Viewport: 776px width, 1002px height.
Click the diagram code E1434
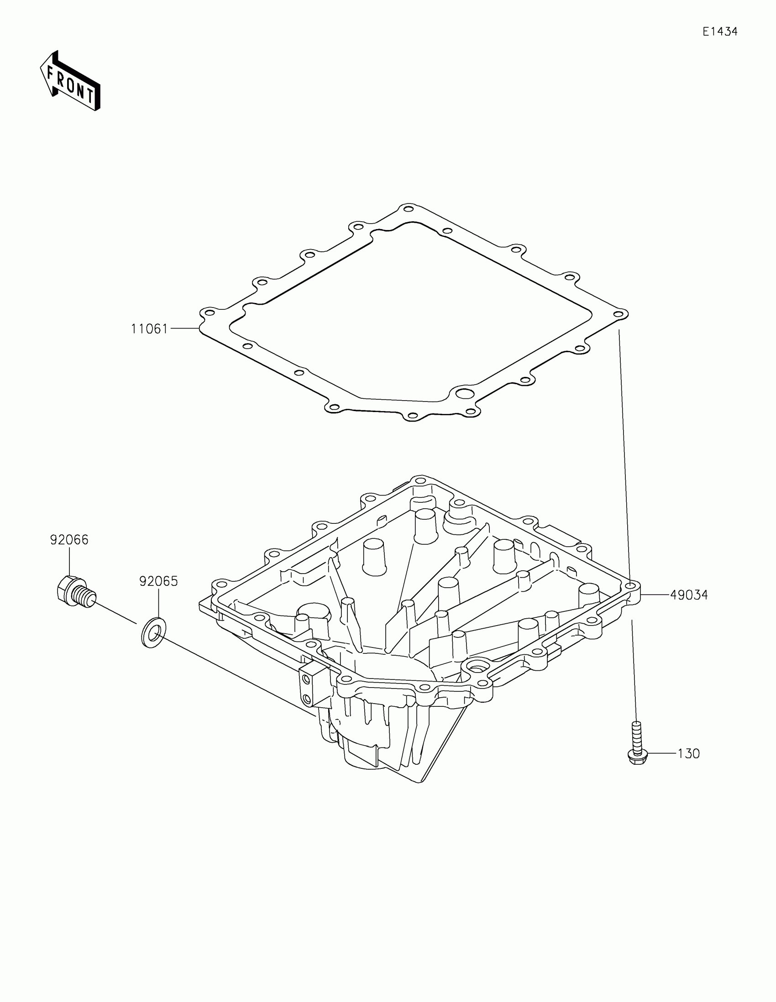tap(719, 31)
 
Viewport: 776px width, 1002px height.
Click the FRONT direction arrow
tap(70, 82)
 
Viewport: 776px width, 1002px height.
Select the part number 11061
tap(150, 329)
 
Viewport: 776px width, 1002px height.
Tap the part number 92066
tap(69, 540)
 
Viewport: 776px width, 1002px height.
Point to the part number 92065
tap(158, 581)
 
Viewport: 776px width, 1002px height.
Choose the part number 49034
tap(689, 595)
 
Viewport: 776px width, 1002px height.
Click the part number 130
tap(688, 754)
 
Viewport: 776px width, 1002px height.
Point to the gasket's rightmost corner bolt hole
tap(619, 314)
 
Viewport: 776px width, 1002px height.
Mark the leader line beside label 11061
tap(184, 329)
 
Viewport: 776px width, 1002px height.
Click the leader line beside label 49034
tap(655, 595)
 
